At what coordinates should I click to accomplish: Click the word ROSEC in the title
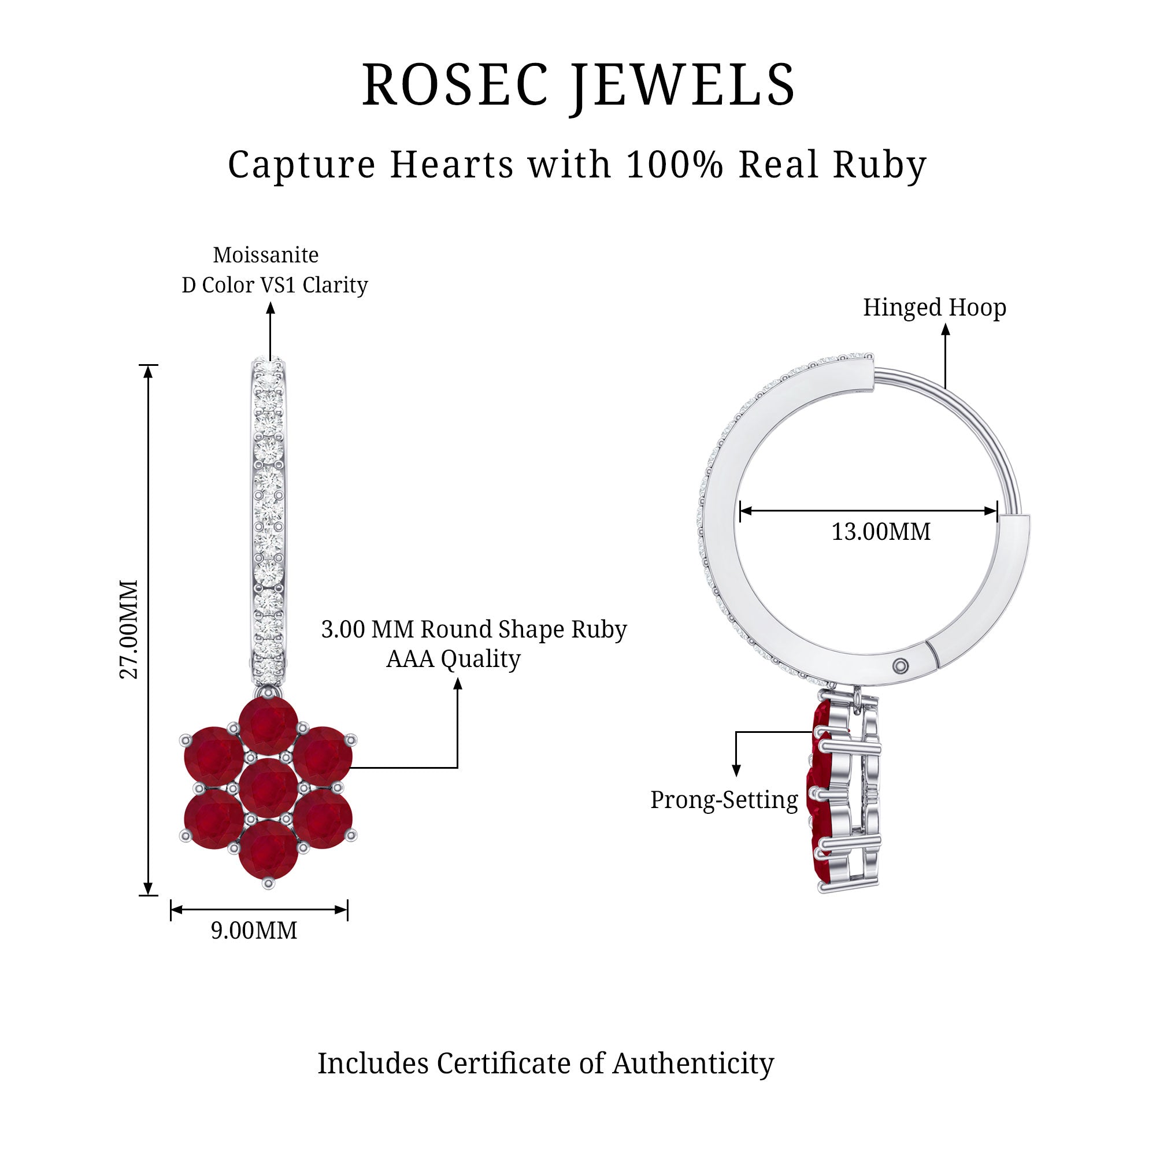click(455, 85)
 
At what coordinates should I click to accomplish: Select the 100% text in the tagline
click(675, 165)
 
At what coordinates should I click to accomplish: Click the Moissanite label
click(266, 255)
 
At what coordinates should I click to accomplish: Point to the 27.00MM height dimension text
click(129, 629)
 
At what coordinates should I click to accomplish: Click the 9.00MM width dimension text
click(254, 931)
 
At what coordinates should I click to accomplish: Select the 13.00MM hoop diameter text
click(881, 531)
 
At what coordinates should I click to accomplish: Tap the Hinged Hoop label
click(934, 307)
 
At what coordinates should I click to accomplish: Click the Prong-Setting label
click(724, 800)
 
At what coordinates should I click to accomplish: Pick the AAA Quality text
click(453, 659)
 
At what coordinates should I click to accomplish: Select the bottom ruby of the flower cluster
click(268, 851)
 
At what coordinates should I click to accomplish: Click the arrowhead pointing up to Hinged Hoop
click(946, 329)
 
